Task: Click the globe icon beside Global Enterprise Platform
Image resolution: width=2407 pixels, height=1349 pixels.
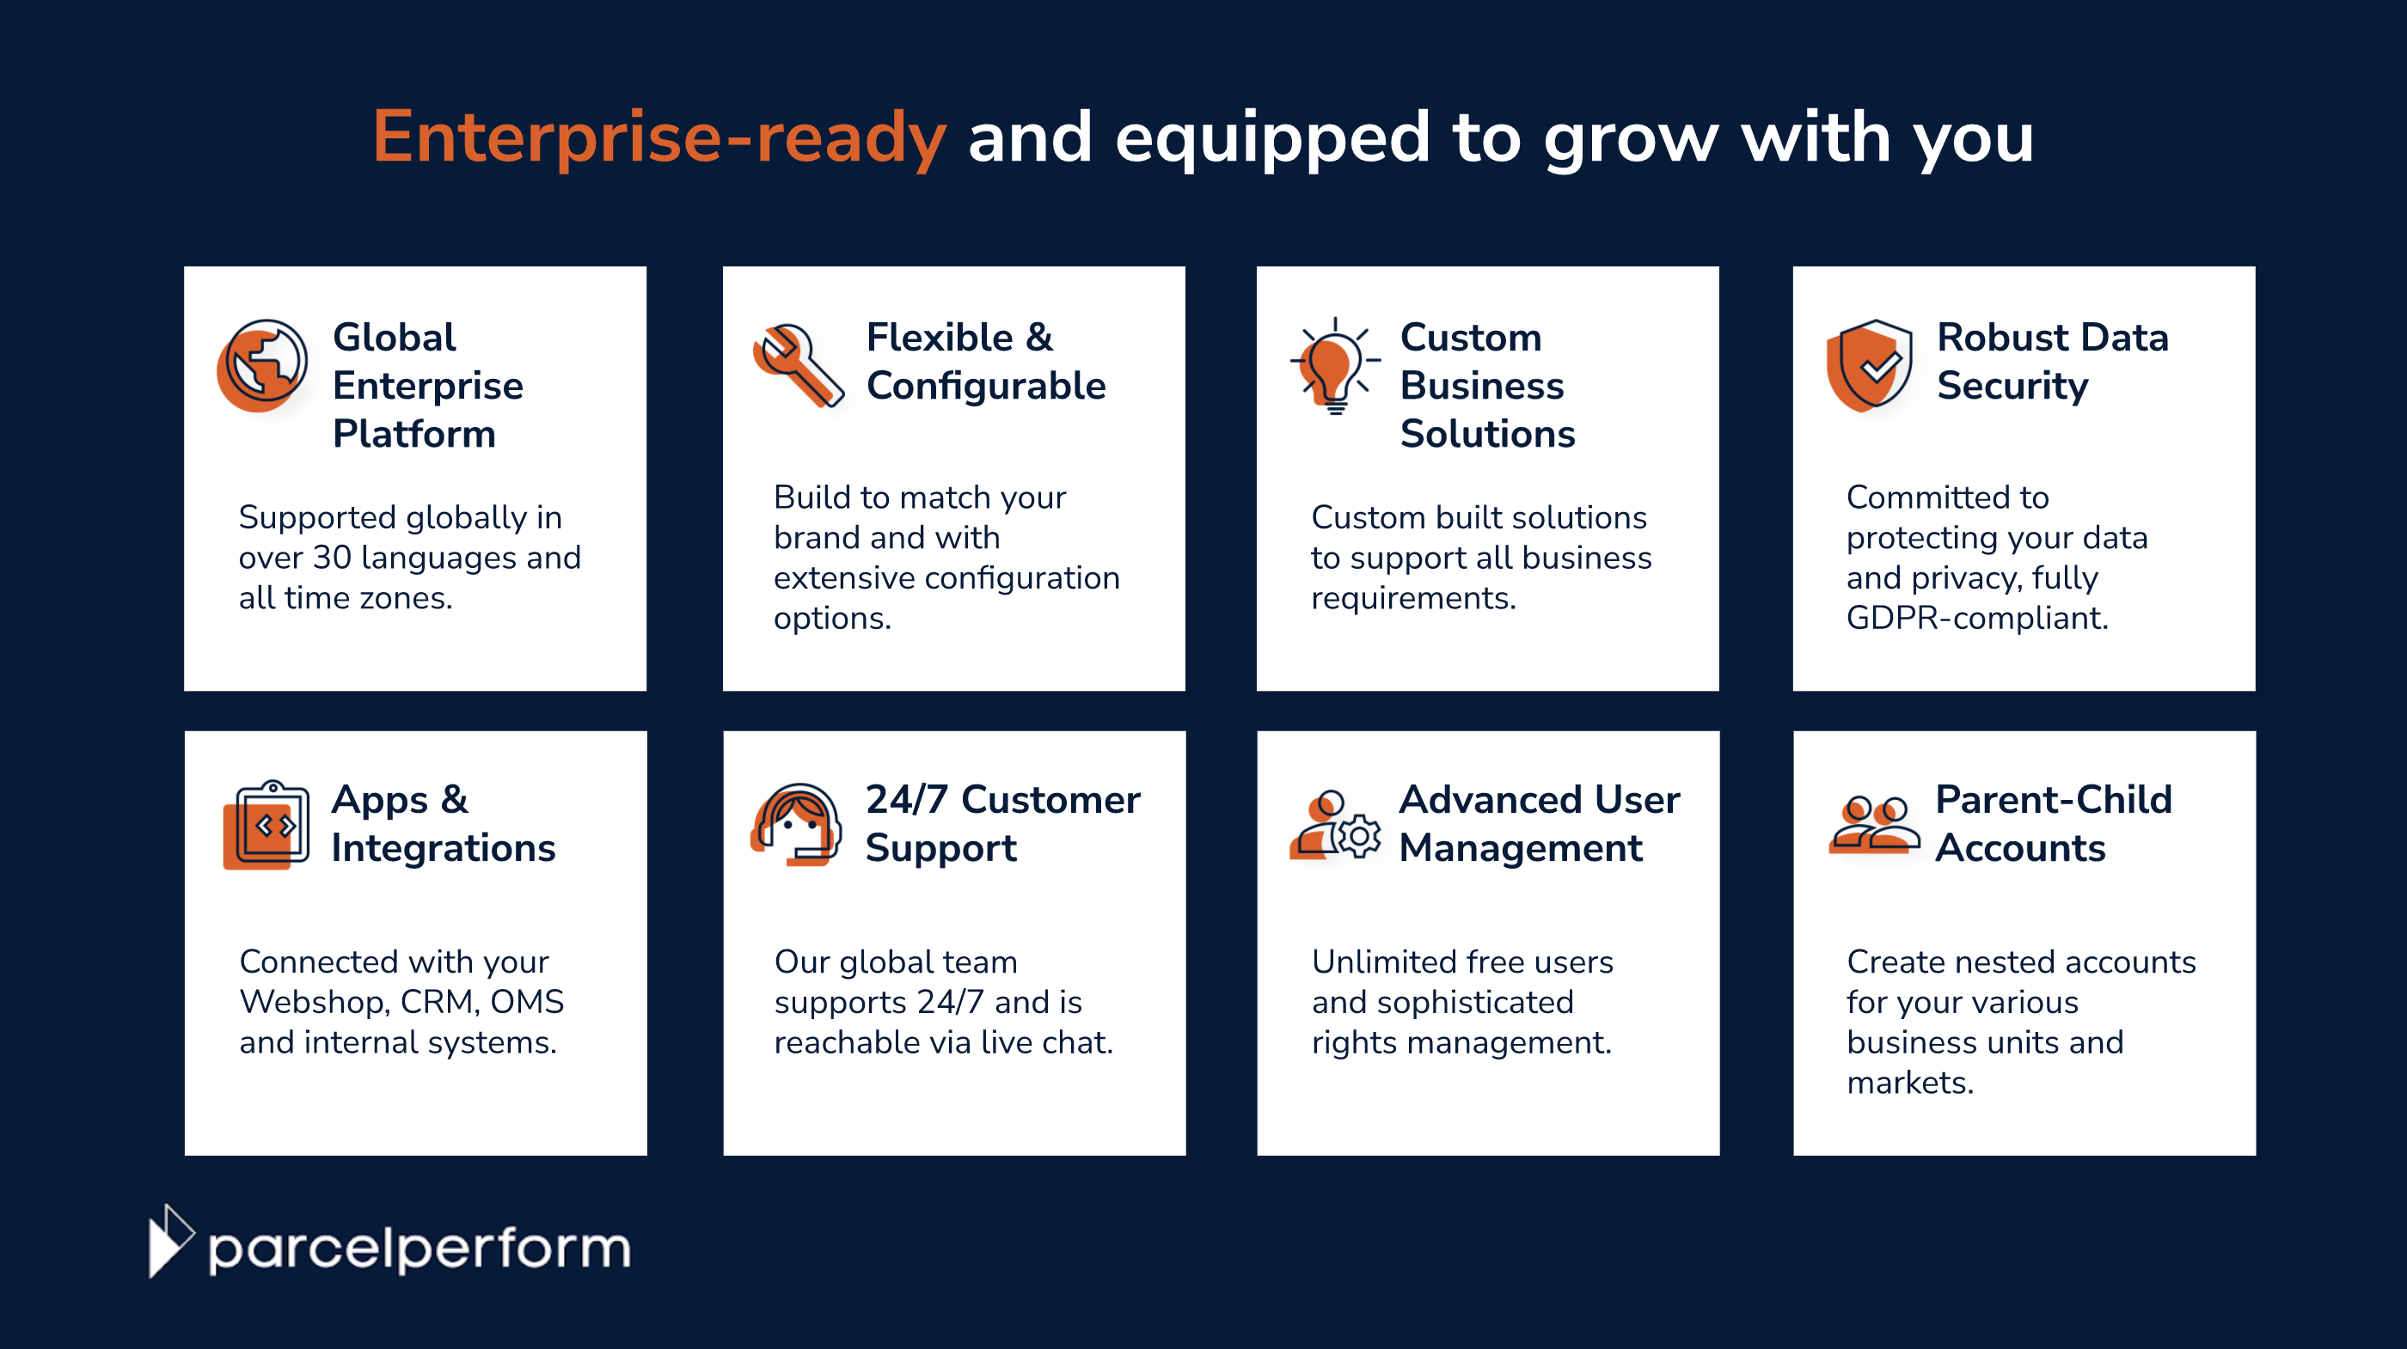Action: (x=262, y=365)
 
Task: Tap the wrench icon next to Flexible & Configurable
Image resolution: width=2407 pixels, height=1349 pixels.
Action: (x=797, y=365)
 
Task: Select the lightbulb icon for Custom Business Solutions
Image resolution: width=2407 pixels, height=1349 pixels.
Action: (x=1334, y=365)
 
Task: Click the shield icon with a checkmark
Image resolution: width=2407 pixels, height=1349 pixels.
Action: (x=1869, y=365)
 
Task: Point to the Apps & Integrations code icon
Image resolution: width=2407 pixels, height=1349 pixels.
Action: (x=267, y=825)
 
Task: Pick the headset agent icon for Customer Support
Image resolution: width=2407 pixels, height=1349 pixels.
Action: (x=797, y=824)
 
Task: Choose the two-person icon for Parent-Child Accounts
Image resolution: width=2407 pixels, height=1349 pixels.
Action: (x=1873, y=825)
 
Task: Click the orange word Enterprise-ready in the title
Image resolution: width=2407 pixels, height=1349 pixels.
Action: (x=659, y=138)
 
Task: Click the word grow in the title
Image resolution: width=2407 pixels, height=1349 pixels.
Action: (x=1631, y=138)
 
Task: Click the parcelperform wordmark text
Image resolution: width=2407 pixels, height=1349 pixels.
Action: (x=420, y=1248)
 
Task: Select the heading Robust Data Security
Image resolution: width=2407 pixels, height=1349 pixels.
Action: (x=2052, y=362)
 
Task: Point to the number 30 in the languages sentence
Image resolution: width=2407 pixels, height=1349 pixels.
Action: (x=331, y=558)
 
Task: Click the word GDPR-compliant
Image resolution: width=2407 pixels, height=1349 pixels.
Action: (x=1976, y=619)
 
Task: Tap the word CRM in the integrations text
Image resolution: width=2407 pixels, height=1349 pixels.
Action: (x=438, y=1003)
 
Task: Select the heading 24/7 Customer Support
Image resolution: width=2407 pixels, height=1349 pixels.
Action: (x=1001, y=823)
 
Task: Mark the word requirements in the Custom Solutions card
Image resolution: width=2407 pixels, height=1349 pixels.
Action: (x=1412, y=598)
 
